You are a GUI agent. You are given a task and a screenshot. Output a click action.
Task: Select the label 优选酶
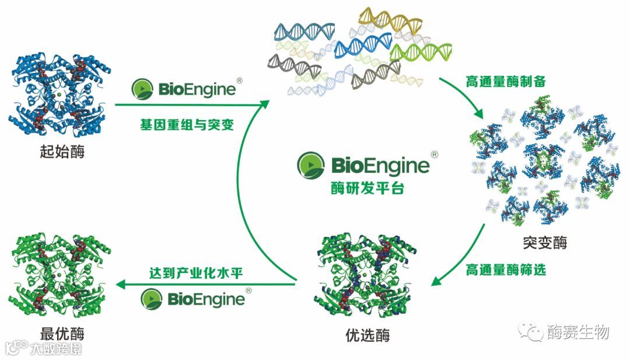tap(367, 335)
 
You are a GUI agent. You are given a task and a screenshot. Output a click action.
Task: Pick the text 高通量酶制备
tap(505, 81)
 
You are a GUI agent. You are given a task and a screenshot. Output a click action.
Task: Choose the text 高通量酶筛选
tap(506, 270)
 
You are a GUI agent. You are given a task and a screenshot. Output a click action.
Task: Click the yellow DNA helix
tap(390, 21)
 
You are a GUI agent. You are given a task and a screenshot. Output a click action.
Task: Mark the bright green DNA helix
tap(420, 51)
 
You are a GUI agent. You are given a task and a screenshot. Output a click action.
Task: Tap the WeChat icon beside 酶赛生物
tap(531, 332)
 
